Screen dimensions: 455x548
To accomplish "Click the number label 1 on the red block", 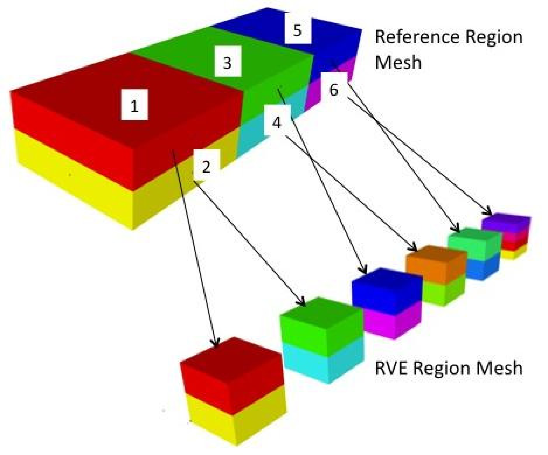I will point(134,107).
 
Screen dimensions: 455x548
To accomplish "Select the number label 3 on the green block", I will point(228,62).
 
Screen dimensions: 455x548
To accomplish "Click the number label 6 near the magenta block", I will point(334,90).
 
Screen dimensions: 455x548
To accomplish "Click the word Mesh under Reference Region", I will point(398,62).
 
